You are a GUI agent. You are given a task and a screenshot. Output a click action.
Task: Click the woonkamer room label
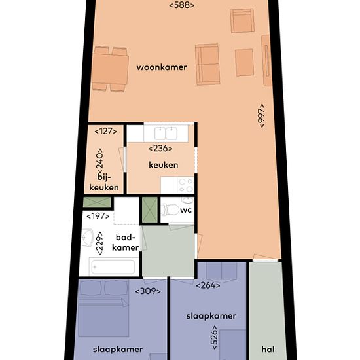pyautogui.click(x=162, y=67)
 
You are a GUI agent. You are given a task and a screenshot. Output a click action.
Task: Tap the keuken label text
pyautogui.click(x=163, y=165)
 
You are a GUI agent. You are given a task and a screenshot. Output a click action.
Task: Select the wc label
pyautogui.click(x=186, y=210)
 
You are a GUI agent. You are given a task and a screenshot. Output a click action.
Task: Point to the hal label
pyautogui.click(x=268, y=350)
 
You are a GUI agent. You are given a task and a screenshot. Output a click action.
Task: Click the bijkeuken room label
pyautogui.click(x=104, y=183)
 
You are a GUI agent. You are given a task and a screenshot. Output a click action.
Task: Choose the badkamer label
pyautogui.click(x=125, y=242)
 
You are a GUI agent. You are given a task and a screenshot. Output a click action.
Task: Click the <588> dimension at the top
pyautogui.click(x=182, y=5)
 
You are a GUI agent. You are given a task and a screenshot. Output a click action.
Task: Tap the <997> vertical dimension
pyautogui.click(x=261, y=116)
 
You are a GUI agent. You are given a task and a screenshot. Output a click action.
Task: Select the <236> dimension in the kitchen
pyautogui.click(x=160, y=149)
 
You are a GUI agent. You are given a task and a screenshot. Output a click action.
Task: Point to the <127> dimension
pyautogui.click(x=105, y=131)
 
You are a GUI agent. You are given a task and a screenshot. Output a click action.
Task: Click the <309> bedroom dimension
pyautogui.click(x=148, y=291)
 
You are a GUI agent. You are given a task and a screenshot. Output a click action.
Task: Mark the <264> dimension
pyautogui.click(x=207, y=285)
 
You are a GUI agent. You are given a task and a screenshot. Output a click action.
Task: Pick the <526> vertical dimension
pyautogui.click(x=214, y=337)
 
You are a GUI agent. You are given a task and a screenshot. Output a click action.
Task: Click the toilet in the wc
pyautogui.click(x=170, y=209)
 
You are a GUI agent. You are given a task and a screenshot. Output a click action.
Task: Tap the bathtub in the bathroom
pyautogui.click(x=113, y=266)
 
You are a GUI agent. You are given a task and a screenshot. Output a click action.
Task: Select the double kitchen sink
pyautogui.click(x=166, y=134)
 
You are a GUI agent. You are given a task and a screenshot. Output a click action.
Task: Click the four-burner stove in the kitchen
pyautogui.click(x=185, y=185)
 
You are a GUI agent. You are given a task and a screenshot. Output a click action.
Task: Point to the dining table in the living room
pyautogui.click(x=110, y=69)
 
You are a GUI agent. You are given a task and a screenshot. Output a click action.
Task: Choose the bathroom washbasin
pyautogui.click(x=88, y=238)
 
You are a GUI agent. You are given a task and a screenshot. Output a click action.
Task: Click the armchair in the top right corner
pyautogui.click(x=242, y=21)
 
